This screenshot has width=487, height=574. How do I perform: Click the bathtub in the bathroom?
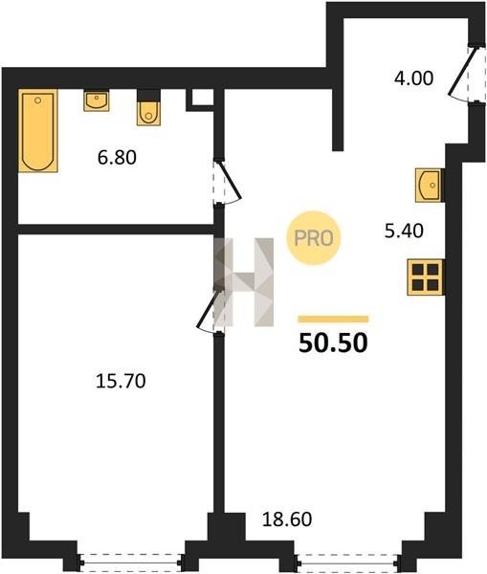point(38,131)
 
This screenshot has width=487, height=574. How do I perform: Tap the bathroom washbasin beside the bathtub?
point(97,101)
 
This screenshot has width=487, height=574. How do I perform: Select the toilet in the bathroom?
point(148,108)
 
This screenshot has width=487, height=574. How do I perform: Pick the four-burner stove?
point(426,277)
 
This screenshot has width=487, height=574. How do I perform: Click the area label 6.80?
point(117,158)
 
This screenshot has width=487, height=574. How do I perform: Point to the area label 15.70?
point(121,381)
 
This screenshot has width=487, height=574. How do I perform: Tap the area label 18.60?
point(287,519)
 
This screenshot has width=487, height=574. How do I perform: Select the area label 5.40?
point(404,231)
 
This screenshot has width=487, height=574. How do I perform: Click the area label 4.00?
point(413,78)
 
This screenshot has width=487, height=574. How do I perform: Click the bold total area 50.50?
point(333,343)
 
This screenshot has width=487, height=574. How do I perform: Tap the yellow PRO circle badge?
point(313,238)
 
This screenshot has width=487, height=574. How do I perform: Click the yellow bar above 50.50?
point(333,319)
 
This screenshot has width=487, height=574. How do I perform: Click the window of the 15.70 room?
point(130,560)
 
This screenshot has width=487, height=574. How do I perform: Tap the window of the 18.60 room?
point(348,560)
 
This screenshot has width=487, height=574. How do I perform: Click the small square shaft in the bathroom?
point(200,99)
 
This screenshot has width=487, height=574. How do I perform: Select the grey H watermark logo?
point(244,282)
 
